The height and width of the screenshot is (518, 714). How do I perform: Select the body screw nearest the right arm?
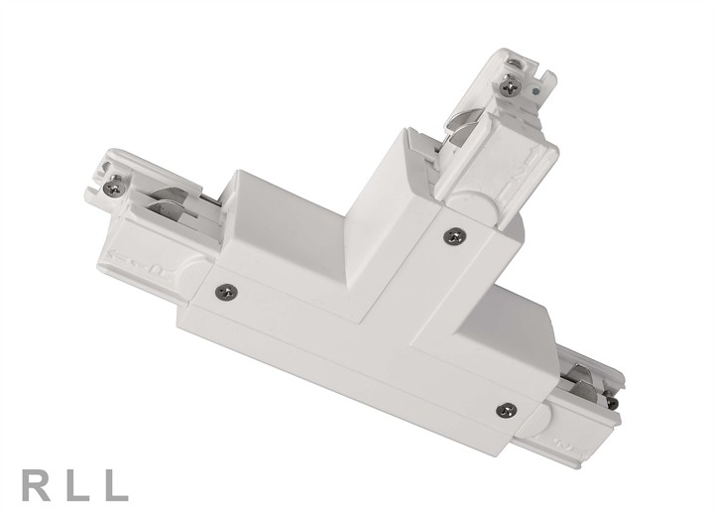[507, 408]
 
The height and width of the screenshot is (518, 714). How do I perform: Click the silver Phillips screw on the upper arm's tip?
[511, 88]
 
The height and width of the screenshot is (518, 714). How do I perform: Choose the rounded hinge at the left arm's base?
[193, 268]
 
